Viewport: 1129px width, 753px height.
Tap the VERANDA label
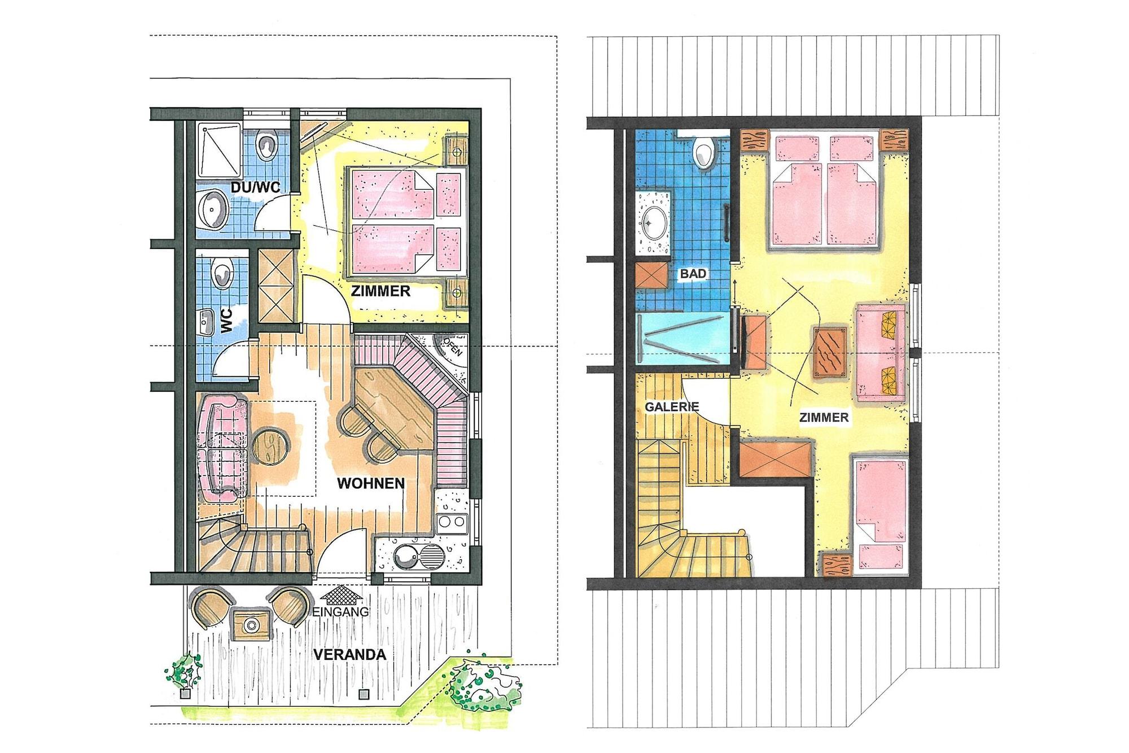(x=349, y=655)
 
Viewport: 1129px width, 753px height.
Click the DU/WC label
(x=255, y=187)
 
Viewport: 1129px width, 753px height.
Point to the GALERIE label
(x=672, y=406)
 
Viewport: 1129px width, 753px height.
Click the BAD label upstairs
(x=693, y=274)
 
